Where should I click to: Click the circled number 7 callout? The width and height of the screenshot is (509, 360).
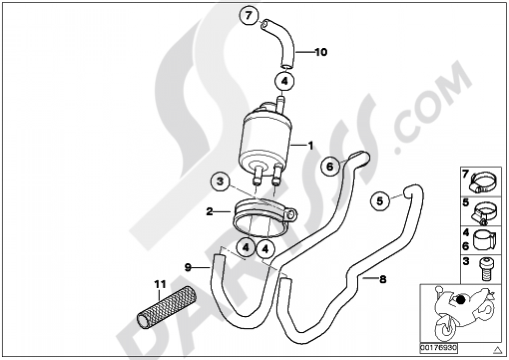tap(248, 17)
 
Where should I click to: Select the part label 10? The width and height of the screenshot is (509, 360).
tap(321, 52)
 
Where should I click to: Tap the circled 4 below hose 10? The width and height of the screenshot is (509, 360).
tap(285, 81)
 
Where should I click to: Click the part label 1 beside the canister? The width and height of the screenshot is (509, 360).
tap(309, 145)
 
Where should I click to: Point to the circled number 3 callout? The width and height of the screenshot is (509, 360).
tap(220, 181)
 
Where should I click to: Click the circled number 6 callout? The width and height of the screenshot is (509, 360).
tap(330, 167)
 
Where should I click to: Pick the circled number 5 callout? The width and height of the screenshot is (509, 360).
tap(380, 201)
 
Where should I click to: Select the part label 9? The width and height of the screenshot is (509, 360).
tap(188, 266)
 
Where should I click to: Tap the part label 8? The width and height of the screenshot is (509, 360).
tap(383, 279)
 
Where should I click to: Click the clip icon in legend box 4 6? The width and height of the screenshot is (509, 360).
tap(486, 239)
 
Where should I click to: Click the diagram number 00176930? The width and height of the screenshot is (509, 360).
tap(439, 348)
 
